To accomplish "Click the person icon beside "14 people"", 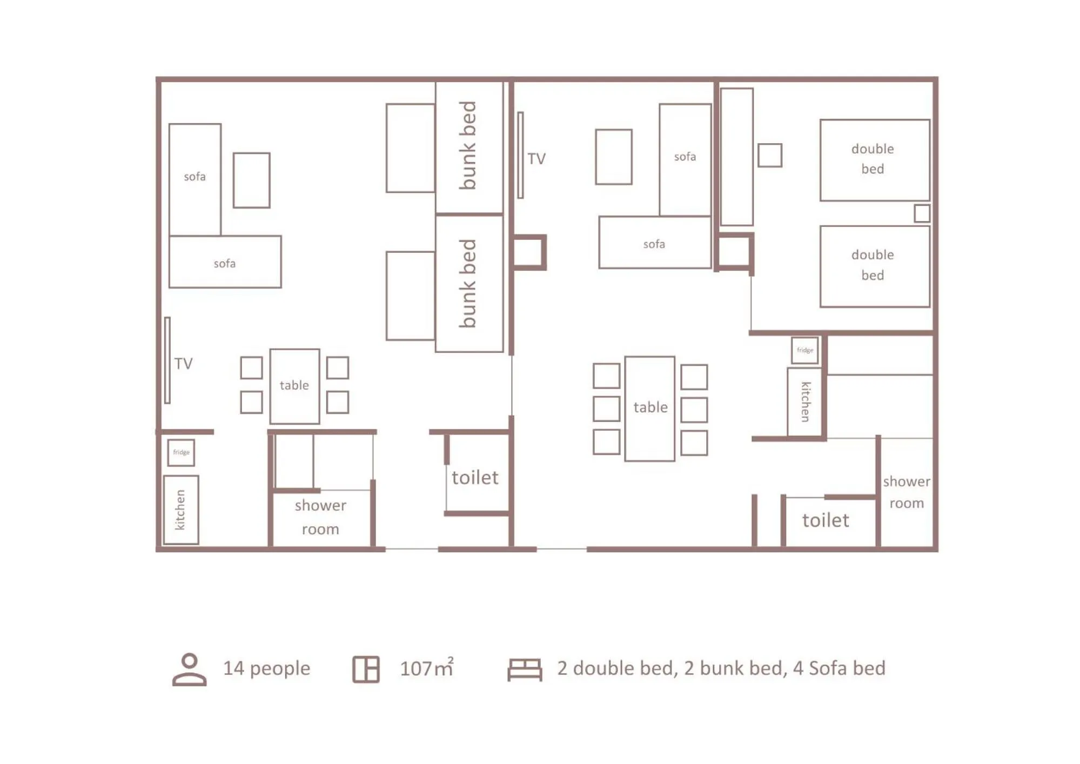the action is [x=189, y=669].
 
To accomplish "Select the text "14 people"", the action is [x=267, y=669].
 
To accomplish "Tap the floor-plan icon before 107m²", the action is [x=366, y=669].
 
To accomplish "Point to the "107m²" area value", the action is [x=427, y=668].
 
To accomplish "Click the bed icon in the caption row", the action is [x=525, y=670].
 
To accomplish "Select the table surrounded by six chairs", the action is [x=649, y=408].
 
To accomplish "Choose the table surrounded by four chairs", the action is [x=294, y=386].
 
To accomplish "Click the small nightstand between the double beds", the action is [x=922, y=213].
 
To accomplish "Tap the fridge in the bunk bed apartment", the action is [x=181, y=452].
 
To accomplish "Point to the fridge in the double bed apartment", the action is [x=804, y=350].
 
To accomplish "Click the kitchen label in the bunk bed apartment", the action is [x=180, y=510].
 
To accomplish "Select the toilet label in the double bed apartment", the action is [x=825, y=520].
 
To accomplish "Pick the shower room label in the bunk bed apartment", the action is [x=320, y=517].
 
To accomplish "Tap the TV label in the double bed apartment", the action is [x=536, y=158].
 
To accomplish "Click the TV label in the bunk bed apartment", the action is [x=183, y=363].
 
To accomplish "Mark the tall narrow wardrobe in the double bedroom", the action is [x=736, y=157].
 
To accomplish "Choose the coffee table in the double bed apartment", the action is [x=613, y=157].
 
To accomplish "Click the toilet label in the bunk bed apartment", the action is [x=475, y=478].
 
